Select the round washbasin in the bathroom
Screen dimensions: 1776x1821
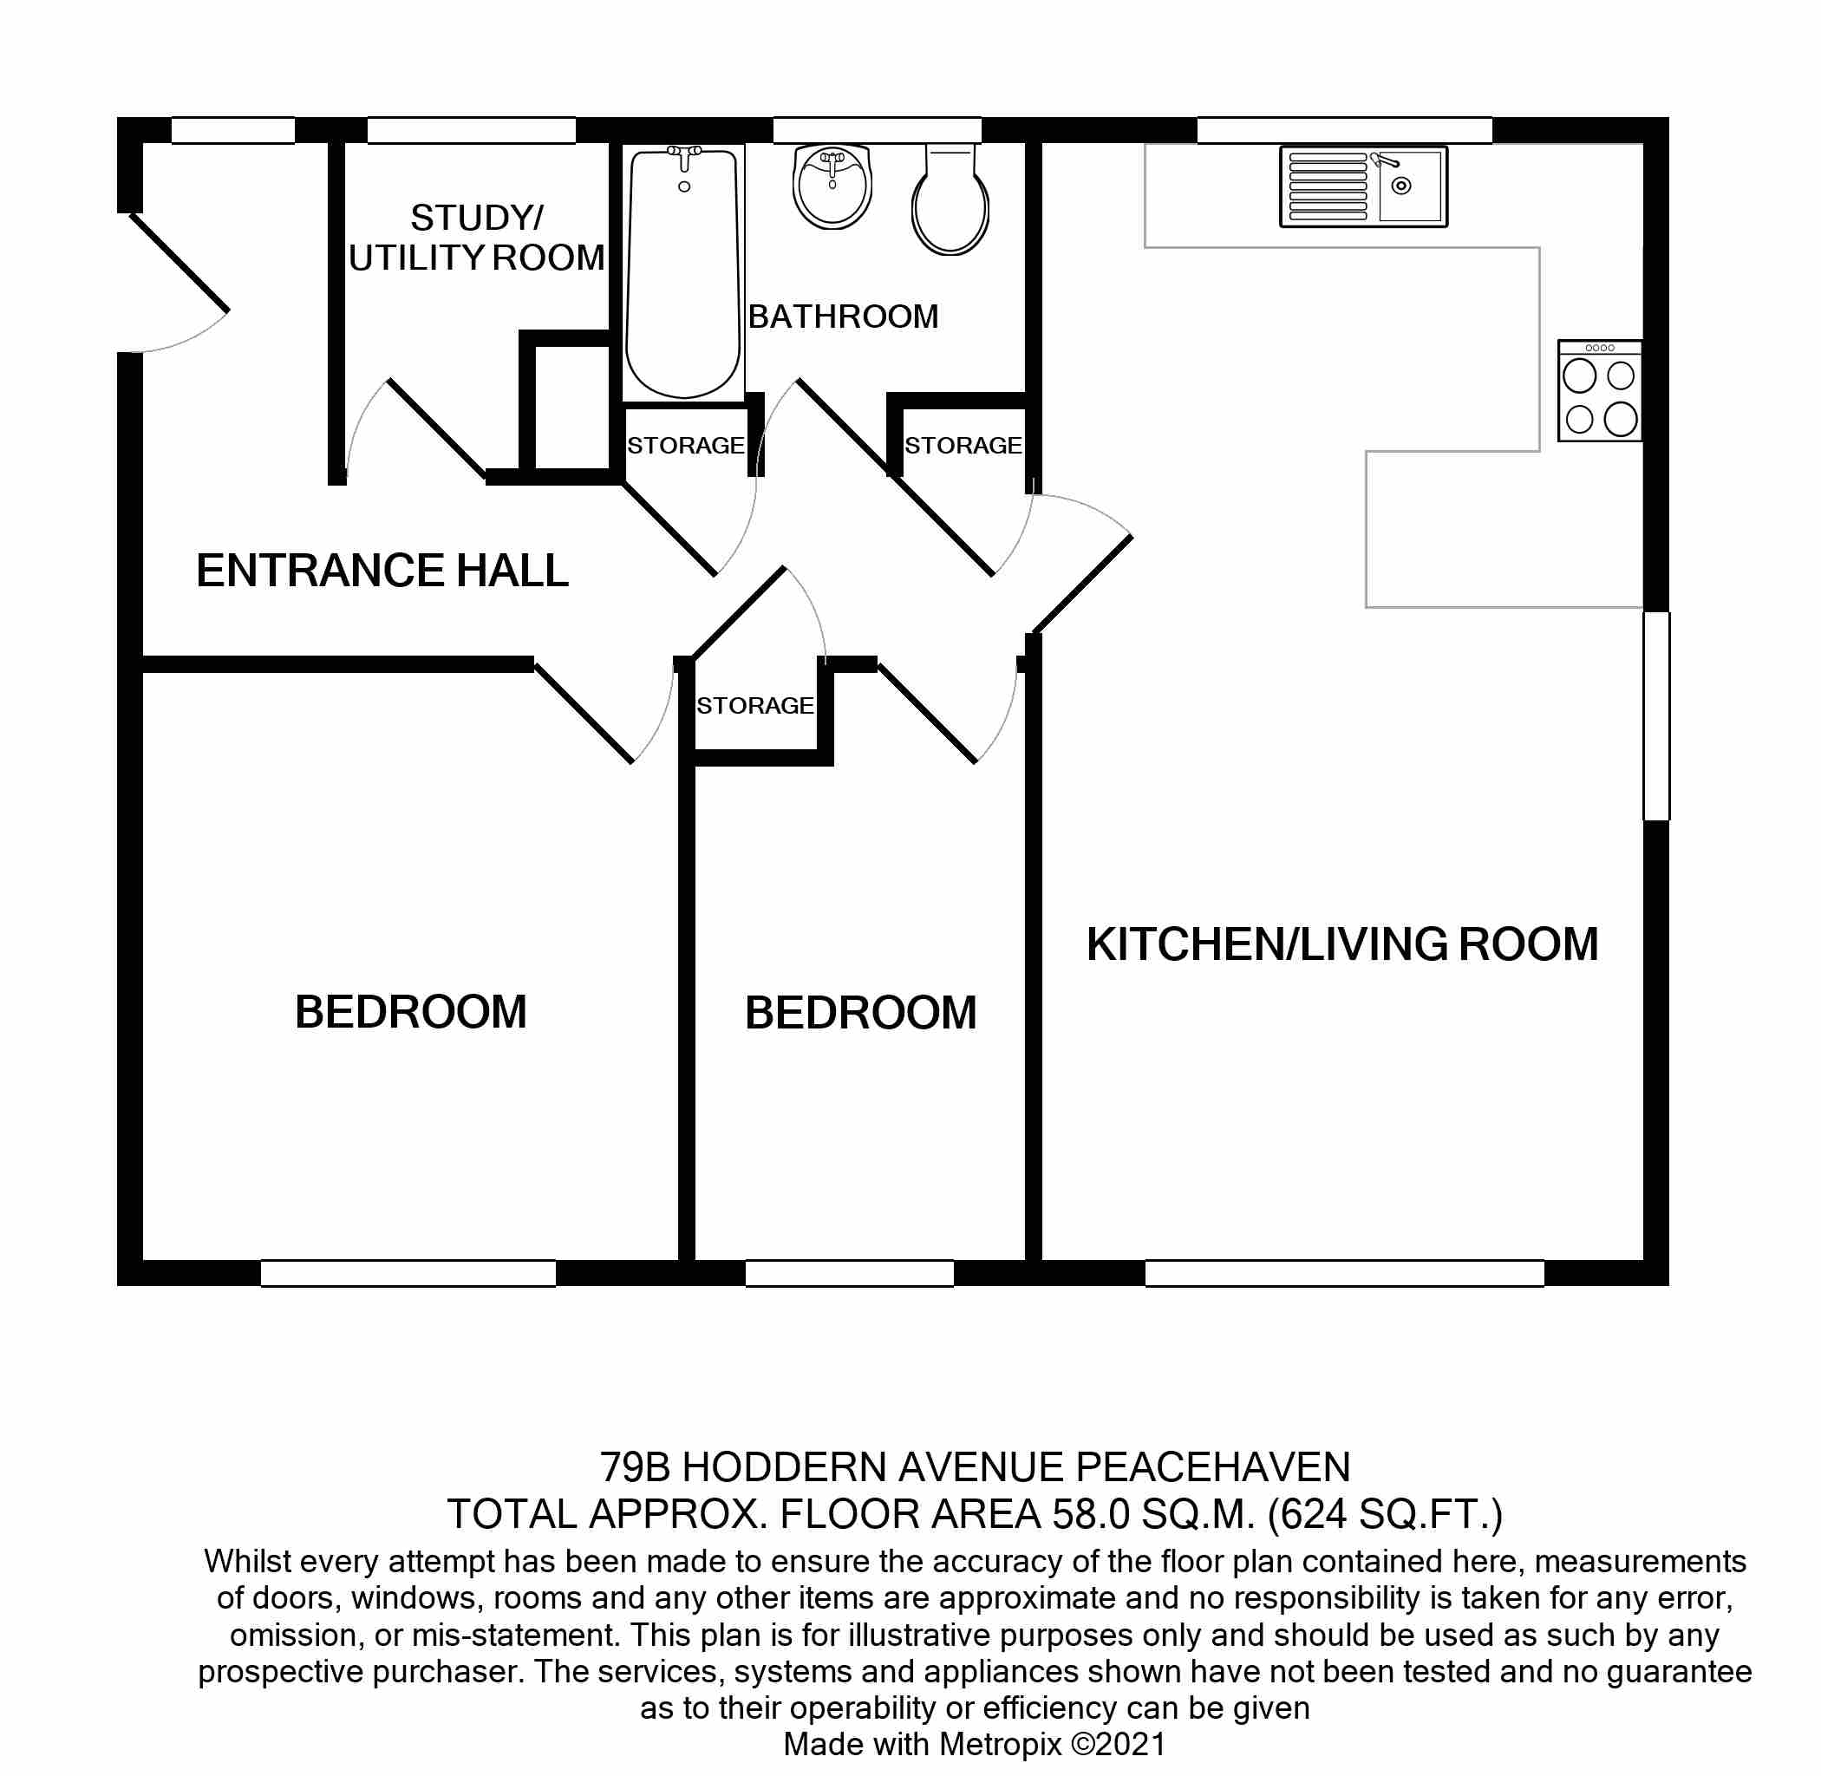pos(832,186)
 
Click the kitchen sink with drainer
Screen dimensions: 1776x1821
pos(1363,186)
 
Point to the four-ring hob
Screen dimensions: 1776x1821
pos(1599,391)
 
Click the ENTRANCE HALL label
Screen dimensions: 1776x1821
pos(382,571)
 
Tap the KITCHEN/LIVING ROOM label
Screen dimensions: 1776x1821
pos(1341,945)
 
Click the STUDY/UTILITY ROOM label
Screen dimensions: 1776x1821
pos(477,238)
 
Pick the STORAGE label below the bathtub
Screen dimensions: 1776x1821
pos(686,446)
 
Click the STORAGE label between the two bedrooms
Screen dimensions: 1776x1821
pos(754,706)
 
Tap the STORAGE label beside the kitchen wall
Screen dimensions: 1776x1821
pos(963,446)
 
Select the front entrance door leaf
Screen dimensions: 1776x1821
pos(179,263)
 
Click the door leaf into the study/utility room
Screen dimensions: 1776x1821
pos(435,428)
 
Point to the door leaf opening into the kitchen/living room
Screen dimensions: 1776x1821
pos(1082,584)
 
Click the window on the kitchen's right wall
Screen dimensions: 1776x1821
pos(1656,716)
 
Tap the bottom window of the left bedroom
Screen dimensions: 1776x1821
pos(408,1274)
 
